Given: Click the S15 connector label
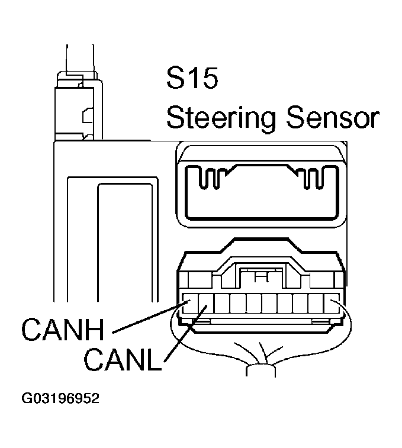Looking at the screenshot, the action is pyautogui.click(x=192, y=78).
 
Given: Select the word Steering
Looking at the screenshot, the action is pyautogui.click(x=221, y=118).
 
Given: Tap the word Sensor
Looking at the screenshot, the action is pyautogui.click(x=333, y=117).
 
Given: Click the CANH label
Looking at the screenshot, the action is pyautogui.click(x=63, y=330).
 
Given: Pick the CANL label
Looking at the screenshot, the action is pyautogui.click(x=123, y=360).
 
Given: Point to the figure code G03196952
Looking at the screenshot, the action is pyautogui.click(x=60, y=398).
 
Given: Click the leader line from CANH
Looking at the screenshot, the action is pyautogui.click(x=151, y=317).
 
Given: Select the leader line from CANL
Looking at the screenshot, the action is pyautogui.click(x=186, y=334).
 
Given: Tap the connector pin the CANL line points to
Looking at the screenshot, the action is pyautogui.click(x=206, y=303).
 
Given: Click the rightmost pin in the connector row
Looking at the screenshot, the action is pyautogui.click(x=332, y=303).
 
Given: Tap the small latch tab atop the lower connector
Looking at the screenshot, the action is pyautogui.click(x=261, y=276).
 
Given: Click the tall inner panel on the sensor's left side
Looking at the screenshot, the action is pyautogui.click(x=125, y=242).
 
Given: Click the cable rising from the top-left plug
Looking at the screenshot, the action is pyautogui.click(x=80, y=59).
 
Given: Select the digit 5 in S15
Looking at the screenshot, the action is pyautogui.click(x=209, y=78).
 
